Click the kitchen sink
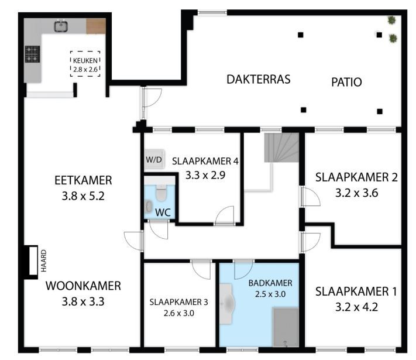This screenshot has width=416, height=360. click(x=61, y=26)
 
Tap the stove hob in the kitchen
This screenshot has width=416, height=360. click(x=32, y=54)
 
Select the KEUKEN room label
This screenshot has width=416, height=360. click(x=85, y=60)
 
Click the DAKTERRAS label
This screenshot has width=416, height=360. click(x=259, y=80)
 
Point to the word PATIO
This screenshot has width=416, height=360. click(x=346, y=82)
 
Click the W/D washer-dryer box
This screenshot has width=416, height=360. click(x=154, y=160)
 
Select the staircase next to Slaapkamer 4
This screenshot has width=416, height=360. click(x=281, y=148)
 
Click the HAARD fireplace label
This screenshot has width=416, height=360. click(x=44, y=260)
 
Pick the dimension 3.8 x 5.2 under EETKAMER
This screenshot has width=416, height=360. click(x=83, y=196)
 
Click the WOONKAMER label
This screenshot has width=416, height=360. click(x=83, y=286)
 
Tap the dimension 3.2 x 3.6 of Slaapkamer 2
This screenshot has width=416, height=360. click(x=356, y=193)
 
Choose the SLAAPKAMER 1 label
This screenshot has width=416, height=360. click(x=356, y=292)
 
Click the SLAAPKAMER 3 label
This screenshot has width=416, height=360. click(x=179, y=302)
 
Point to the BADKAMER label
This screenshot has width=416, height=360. click(x=270, y=283)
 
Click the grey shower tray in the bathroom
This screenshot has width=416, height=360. click(x=286, y=327)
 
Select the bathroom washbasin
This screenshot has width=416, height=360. click(x=227, y=304)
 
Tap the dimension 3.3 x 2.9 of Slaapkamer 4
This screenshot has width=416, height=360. click(x=205, y=175)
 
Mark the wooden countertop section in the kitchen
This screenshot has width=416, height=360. click(x=96, y=26)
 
